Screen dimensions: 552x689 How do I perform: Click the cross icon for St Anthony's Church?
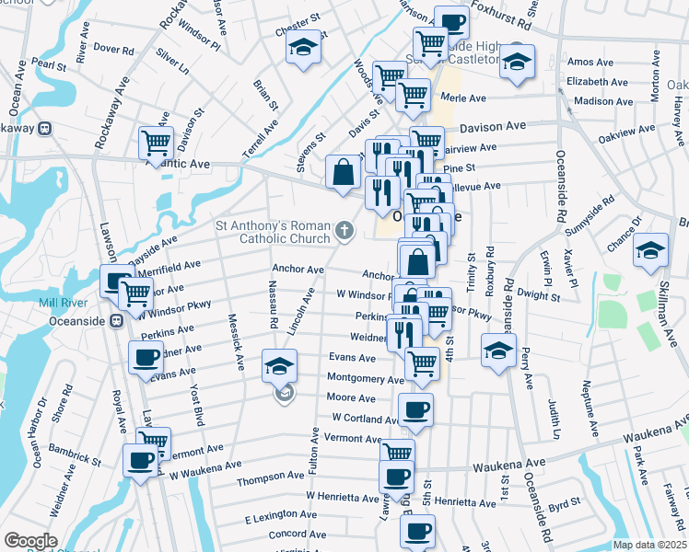[344, 230]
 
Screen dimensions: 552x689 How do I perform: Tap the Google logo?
[30, 541]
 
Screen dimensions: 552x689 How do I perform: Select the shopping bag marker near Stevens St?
[343, 171]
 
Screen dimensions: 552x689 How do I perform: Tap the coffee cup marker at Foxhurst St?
[451, 22]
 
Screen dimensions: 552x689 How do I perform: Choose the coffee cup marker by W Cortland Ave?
[415, 409]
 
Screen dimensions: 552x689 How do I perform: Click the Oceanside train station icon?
[117, 320]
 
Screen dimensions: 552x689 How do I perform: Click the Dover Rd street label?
[113, 48]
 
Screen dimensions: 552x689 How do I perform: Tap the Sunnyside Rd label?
[597, 213]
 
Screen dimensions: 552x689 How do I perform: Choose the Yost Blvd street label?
[197, 405]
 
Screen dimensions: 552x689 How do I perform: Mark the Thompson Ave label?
[270, 477]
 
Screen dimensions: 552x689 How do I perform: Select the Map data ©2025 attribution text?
[649, 544]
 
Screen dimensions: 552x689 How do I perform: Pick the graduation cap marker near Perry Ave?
[498, 351]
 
